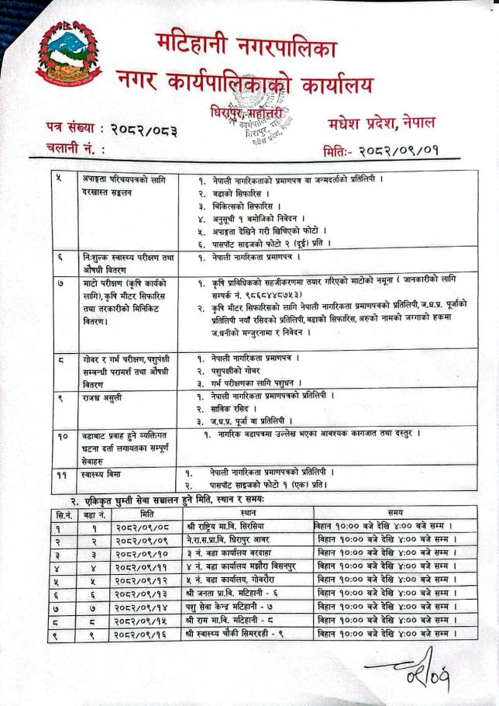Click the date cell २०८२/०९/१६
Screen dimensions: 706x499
(146, 635)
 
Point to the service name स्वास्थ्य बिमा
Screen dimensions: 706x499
(105, 472)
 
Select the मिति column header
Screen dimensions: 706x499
(146, 514)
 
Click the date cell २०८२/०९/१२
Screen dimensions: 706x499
(146, 580)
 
